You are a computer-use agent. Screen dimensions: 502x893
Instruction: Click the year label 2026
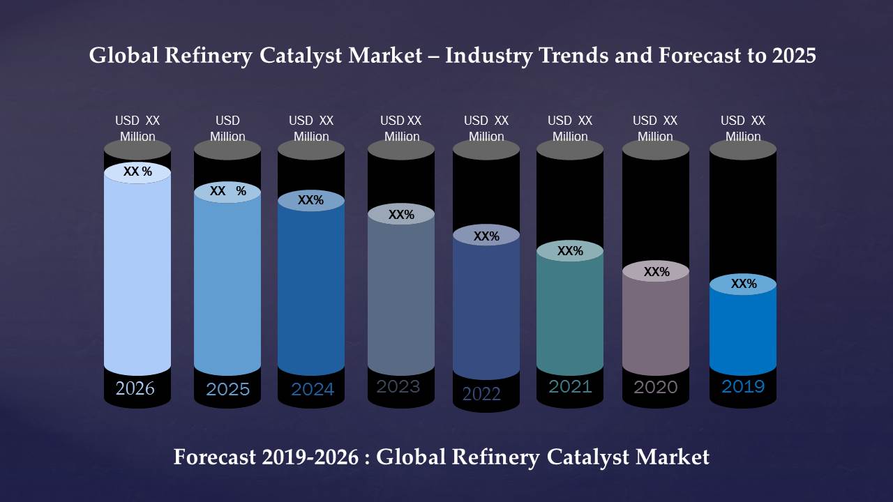click(x=135, y=388)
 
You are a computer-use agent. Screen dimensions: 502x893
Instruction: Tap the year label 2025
click(x=227, y=389)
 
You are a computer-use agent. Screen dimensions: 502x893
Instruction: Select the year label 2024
click(x=313, y=389)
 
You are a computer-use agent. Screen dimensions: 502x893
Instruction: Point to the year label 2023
click(x=398, y=386)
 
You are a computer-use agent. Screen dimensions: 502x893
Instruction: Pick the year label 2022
click(x=481, y=394)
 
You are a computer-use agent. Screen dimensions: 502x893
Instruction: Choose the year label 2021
click(x=570, y=386)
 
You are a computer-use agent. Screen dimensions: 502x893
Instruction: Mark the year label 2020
click(x=655, y=387)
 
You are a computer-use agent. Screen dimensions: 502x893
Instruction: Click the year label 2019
click(x=743, y=386)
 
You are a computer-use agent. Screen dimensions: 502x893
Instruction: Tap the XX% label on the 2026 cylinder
click(x=137, y=172)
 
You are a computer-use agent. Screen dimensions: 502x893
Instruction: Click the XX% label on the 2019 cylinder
click(x=744, y=284)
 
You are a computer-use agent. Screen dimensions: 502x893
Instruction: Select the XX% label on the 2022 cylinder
click(x=486, y=236)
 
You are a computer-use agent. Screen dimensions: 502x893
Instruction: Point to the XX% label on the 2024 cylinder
click(x=310, y=200)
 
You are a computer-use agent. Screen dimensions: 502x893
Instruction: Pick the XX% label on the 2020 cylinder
click(x=656, y=272)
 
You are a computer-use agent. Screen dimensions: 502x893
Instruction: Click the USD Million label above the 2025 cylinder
click(x=227, y=128)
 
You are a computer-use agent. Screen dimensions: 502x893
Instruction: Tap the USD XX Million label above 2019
click(x=743, y=128)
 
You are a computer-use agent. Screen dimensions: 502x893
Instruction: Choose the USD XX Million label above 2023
click(x=401, y=128)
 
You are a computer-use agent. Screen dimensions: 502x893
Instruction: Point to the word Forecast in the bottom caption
click(x=216, y=457)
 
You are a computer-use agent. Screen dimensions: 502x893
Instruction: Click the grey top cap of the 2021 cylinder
click(x=570, y=150)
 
